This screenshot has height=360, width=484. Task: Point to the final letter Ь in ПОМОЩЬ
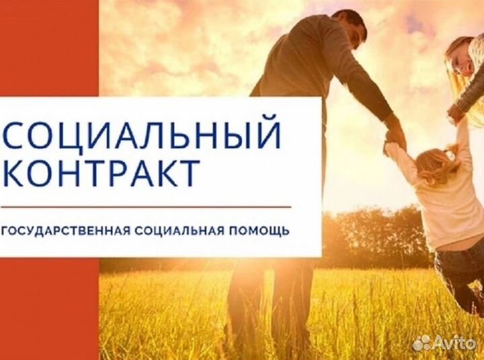point(286,231)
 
